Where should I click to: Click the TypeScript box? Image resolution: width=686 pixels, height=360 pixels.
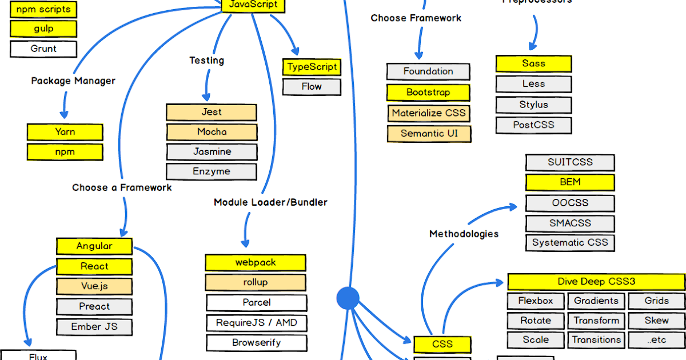pos(312,67)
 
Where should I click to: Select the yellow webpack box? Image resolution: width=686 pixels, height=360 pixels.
pos(256,263)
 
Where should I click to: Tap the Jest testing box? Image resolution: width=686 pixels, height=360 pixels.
pos(212,112)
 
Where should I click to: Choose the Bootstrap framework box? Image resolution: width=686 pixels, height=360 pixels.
pos(428,93)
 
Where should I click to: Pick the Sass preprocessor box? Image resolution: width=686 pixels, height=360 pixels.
pos(533,64)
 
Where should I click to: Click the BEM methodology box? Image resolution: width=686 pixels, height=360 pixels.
pos(570,182)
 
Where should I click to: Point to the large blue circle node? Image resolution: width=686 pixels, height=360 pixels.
pos(348,298)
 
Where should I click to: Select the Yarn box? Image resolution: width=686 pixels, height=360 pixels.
pos(65,132)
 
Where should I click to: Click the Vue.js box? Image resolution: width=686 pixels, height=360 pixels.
pos(94,286)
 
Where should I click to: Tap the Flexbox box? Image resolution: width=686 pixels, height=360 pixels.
pos(536,301)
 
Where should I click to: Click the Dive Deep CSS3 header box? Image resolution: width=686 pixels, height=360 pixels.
pos(596,282)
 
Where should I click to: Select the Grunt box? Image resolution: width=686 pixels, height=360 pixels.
pos(43,49)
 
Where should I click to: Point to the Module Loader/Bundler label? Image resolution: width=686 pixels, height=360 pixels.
pos(270,202)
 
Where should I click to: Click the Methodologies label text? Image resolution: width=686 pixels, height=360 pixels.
pos(464,234)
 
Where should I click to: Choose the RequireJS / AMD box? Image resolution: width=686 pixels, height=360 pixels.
pos(256,323)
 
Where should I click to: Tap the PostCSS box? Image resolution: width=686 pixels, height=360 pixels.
pos(533,125)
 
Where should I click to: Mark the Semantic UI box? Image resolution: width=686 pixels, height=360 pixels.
pos(429,134)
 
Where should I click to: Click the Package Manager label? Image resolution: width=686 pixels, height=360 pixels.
pos(73,81)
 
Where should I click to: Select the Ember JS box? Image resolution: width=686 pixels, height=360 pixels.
pos(94,327)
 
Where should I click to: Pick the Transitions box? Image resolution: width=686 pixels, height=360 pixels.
pos(596,340)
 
